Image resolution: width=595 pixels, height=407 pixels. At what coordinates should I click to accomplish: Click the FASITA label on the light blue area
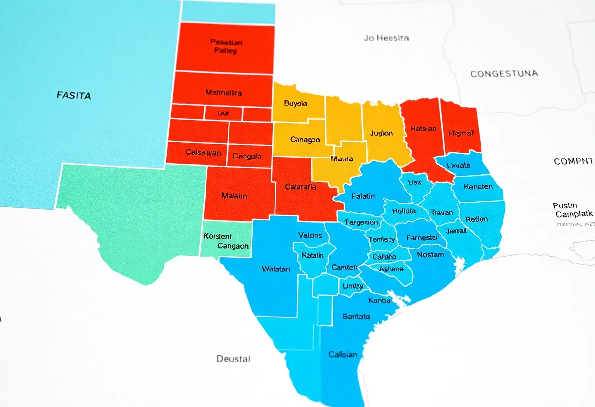pyautogui.click(x=73, y=96)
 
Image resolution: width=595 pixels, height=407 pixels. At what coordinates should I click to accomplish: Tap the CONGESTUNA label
pyautogui.click(x=504, y=74)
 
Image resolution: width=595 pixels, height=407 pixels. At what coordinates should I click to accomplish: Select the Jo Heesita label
pyautogui.click(x=386, y=38)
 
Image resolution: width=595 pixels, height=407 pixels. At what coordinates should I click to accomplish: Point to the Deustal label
pyautogui.click(x=233, y=359)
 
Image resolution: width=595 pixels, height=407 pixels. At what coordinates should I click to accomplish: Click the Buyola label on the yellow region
pyautogui.click(x=296, y=104)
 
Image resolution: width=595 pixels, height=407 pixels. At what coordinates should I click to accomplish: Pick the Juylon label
pyautogui.click(x=382, y=133)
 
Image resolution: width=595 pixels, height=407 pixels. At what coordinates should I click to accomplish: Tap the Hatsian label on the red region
pyautogui.click(x=423, y=129)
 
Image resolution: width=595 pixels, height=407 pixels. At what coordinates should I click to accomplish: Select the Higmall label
pyautogui.click(x=460, y=133)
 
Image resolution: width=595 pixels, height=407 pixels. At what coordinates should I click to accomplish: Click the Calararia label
pyautogui.click(x=300, y=186)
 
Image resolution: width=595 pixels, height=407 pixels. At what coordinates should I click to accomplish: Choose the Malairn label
pyautogui.click(x=234, y=196)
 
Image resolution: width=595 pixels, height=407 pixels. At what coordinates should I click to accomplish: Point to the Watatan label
pyautogui.click(x=275, y=269)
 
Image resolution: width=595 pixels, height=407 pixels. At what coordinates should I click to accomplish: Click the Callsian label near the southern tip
pyautogui.click(x=343, y=354)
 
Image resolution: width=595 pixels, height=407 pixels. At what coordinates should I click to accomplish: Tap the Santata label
pyautogui.click(x=356, y=317)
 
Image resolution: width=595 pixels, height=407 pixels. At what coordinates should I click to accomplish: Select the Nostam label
pyautogui.click(x=431, y=254)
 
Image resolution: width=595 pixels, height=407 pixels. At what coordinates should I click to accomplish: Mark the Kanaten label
pyautogui.click(x=478, y=187)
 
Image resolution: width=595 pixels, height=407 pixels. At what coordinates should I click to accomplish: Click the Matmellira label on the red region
pyautogui.click(x=223, y=92)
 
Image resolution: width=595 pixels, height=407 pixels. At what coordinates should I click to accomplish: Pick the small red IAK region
pyautogui.click(x=223, y=113)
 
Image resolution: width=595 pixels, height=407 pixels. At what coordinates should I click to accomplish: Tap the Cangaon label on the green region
pyautogui.click(x=226, y=246)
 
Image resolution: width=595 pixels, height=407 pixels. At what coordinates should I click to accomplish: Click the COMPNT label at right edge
pyautogui.click(x=573, y=161)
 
